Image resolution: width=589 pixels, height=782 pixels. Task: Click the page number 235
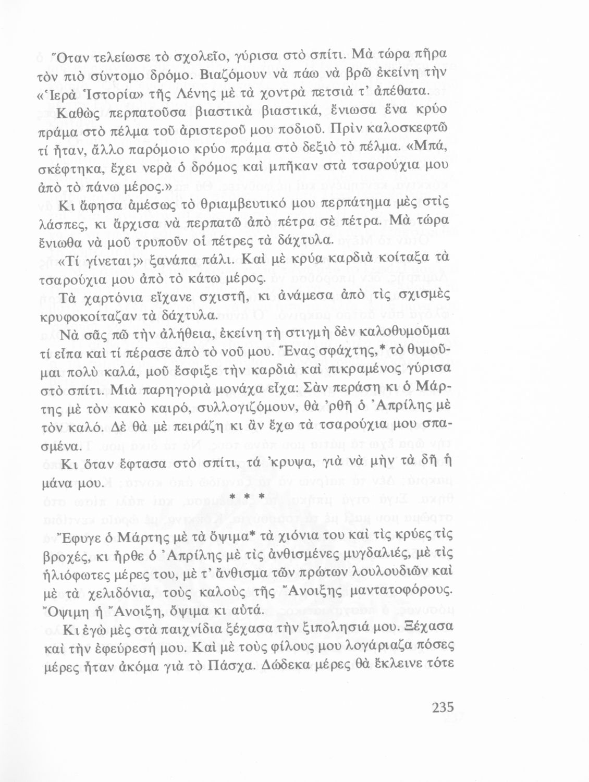[x=443, y=707]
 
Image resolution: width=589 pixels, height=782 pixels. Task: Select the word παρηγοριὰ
[x=177, y=390]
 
